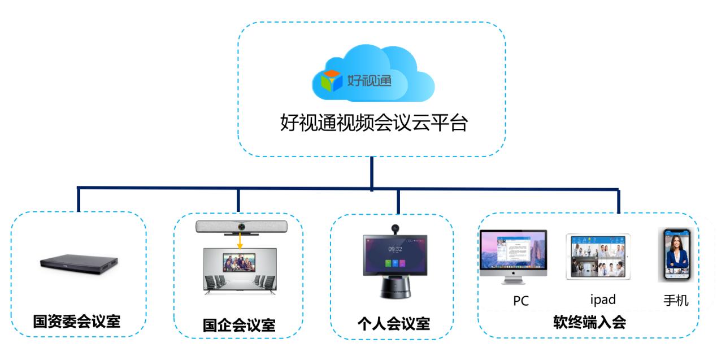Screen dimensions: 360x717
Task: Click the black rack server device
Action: [x=79, y=262]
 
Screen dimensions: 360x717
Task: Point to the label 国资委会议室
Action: [x=77, y=322]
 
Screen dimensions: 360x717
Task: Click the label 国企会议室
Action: [x=239, y=326]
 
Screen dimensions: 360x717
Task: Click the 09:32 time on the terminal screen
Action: [x=395, y=249]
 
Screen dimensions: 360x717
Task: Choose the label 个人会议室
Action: [x=394, y=324]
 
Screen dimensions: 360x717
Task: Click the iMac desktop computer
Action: [x=513, y=255]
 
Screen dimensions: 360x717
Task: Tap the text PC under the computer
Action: [x=520, y=301]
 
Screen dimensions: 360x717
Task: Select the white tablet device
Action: [x=598, y=257]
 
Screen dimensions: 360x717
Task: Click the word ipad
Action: [x=602, y=300]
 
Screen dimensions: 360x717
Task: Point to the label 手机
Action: [x=676, y=300]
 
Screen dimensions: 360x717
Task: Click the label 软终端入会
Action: [x=589, y=323]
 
